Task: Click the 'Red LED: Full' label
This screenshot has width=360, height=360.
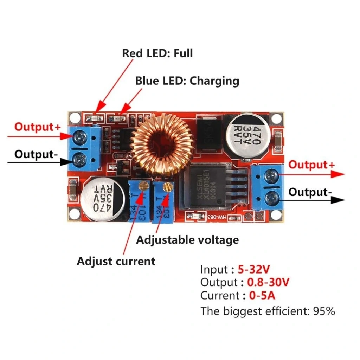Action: pos(157,53)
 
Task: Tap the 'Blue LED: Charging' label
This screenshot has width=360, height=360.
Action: pos(187,81)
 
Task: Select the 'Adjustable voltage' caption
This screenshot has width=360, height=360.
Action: pos(187,240)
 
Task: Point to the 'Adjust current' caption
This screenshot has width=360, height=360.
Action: pos(116,261)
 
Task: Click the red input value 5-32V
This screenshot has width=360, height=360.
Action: pos(254,270)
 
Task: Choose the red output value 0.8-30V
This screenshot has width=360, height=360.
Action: pos(268,282)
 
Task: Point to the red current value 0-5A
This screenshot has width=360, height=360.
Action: pos(262,295)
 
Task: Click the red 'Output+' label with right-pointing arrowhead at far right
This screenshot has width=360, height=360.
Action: pos(311,165)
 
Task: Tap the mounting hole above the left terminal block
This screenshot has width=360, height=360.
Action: pos(73,117)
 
